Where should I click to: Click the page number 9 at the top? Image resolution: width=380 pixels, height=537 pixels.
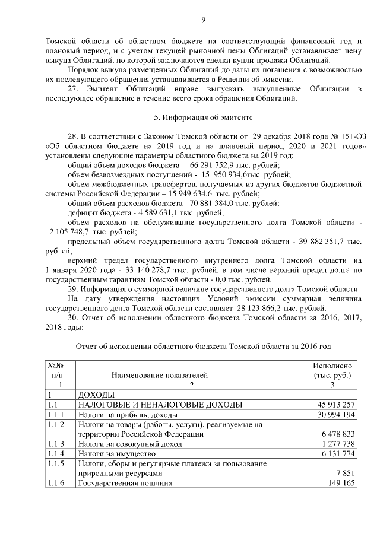[x=203, y=20]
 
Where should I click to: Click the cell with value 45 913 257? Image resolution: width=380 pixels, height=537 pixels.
[x=335, y=405]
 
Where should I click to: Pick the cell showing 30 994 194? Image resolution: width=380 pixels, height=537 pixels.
[x=335, y=414]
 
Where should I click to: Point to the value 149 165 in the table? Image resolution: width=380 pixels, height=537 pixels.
[x=341, y=484]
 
